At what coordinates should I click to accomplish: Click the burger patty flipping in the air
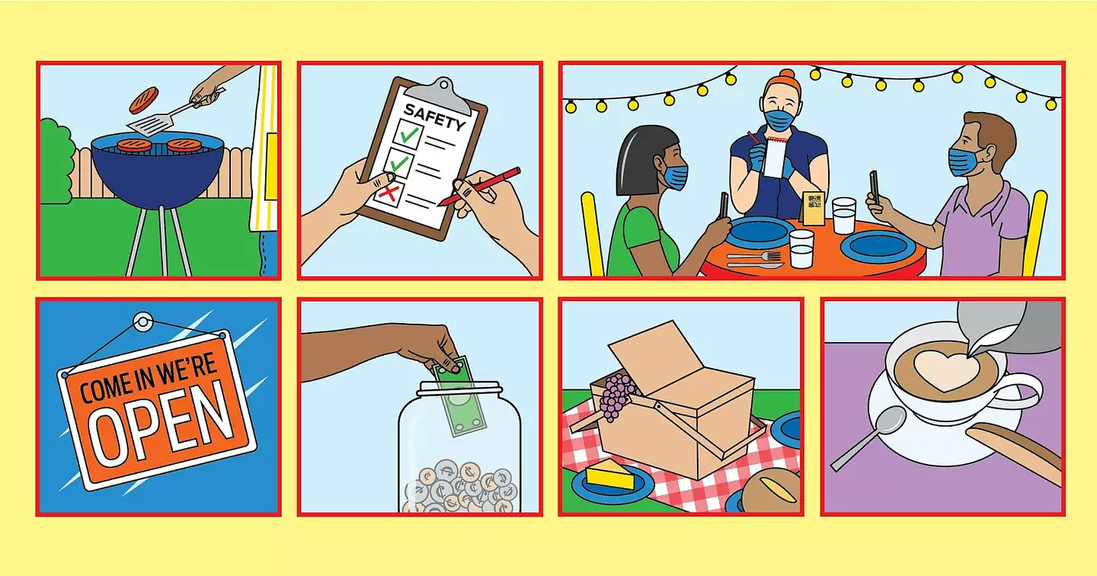click(144, 100)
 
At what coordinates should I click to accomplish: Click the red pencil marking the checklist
click(479, 187)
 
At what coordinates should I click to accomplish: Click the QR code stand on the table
click(814, 208)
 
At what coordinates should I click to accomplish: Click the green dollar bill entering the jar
click(459, 396)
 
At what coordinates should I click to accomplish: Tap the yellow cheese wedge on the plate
click(611, 475)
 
